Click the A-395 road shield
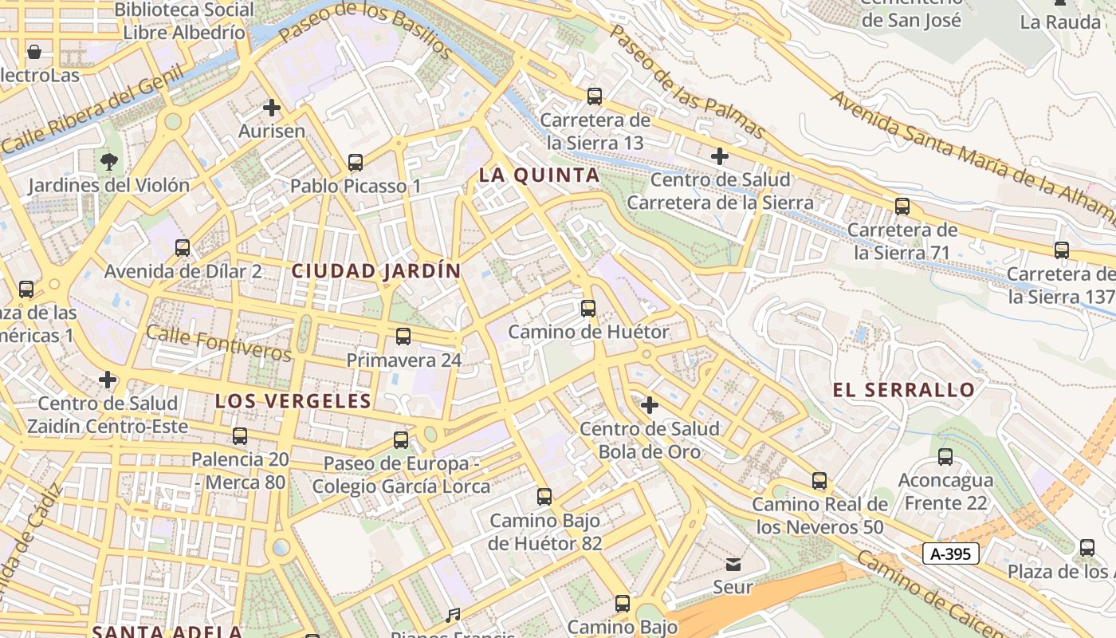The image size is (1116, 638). [950, 553]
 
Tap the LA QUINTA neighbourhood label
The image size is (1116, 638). [539, 175]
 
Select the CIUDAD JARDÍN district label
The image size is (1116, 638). [376, 271]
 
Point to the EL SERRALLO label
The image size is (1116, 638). [904, 390]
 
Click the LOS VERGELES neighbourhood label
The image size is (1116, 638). [293, 401]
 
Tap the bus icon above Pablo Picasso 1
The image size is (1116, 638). [356, 163]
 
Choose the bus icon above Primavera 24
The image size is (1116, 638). [403, 337]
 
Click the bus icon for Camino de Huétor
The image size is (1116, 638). [588, 308]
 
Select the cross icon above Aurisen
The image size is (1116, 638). [272, 108]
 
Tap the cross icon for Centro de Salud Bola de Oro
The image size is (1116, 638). [650, 405]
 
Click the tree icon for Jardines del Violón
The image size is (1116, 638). [108, 162]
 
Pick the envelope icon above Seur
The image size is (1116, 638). [733, 565]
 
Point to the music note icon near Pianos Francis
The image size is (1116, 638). [453, 615]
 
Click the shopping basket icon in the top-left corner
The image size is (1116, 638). [34, 53]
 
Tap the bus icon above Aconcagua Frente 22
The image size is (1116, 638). [945, 457]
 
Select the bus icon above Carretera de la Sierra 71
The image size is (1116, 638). [902, 207]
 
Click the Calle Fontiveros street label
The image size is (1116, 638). [219, 345]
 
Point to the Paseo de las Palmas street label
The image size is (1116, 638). [687, 80]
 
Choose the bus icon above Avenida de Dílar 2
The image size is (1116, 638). [183, 248]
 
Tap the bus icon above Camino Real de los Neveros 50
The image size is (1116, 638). [819, 481]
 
